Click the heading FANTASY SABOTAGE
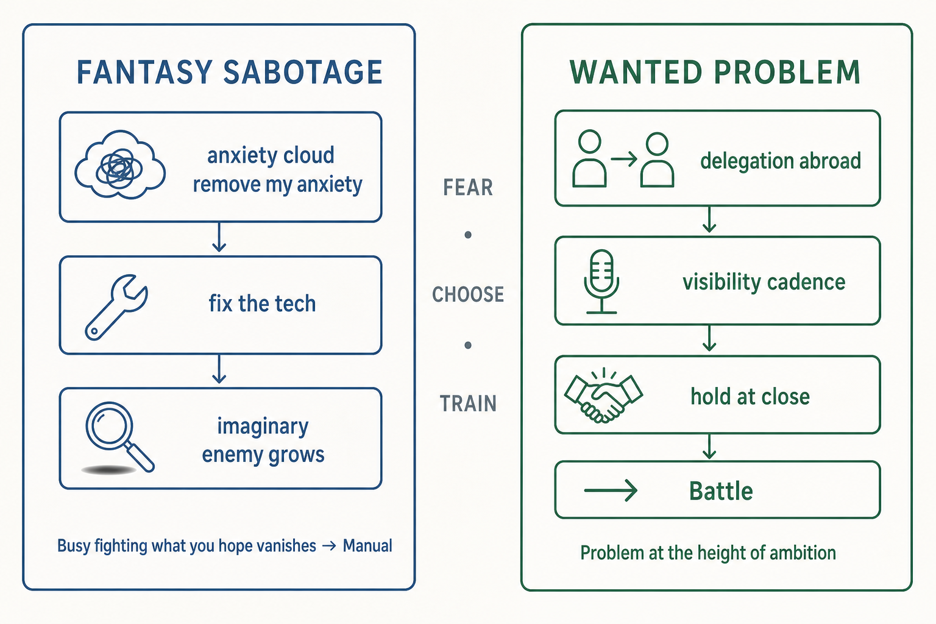click(229, 73)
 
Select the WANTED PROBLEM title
click(715, 73)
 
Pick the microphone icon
click(601, 282)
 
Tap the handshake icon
click(603, 395)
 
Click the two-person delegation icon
click(623, 159)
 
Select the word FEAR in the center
click(468, 187)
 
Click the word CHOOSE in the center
click(468, 295)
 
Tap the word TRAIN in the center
click(468, 404)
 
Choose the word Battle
click(721, 491)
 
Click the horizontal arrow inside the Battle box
click(611, 491)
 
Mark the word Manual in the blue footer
click(367, 546)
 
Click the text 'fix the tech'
click(262, 303)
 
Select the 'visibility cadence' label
click(764, 282)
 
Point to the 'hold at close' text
click(750, 396)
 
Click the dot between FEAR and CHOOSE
click(468, 235)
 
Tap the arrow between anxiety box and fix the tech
click(219, 237)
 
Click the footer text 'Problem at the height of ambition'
click(708, 553)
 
